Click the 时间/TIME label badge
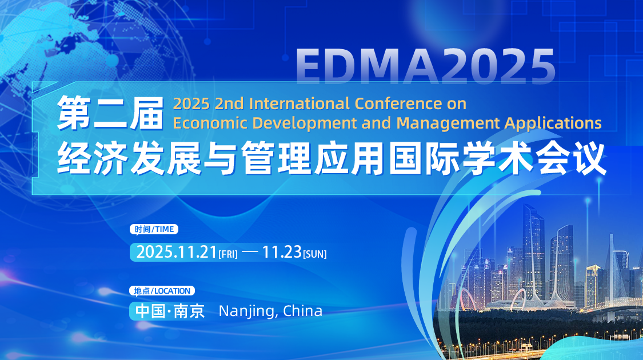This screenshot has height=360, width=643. (x=154, y=229)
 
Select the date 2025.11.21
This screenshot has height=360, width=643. (x=176, y=251)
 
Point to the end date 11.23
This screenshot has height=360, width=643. (x=281, y=251)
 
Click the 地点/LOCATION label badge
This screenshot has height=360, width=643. (x=162, y=291)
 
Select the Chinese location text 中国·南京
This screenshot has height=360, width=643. (x=170, y=311)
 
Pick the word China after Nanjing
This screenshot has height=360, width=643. (x=303, y=311)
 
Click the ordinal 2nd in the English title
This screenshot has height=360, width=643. (x=230, y=104)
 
